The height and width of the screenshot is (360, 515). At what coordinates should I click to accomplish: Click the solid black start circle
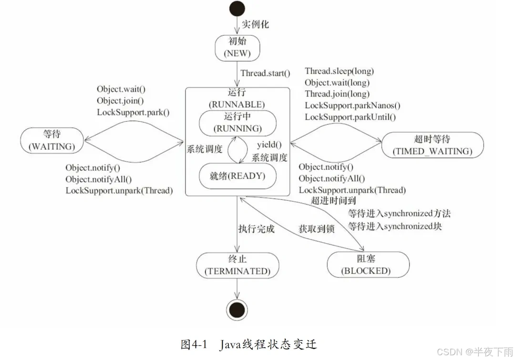[237, 9]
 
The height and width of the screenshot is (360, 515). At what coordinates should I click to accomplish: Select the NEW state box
[237, 48]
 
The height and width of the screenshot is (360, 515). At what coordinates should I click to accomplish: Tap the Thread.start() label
[265, 73]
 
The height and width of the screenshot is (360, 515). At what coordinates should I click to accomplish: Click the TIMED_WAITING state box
[433, 145]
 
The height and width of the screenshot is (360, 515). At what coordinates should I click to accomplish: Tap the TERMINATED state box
[237, 265]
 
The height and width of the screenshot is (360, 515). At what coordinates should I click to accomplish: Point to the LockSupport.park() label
[133, 112]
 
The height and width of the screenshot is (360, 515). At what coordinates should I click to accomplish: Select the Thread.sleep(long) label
[339, 72]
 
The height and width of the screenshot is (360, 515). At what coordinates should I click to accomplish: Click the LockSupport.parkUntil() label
[350, 117]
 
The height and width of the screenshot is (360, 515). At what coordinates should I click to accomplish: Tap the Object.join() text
[120, 101]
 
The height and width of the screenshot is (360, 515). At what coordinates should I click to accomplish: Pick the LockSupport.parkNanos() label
[352, 105]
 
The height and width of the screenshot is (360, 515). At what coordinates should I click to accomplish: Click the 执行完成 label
[257, 229]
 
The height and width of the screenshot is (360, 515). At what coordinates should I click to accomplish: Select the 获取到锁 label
[317, 229]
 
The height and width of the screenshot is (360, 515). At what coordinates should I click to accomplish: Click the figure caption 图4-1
[194, 345]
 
